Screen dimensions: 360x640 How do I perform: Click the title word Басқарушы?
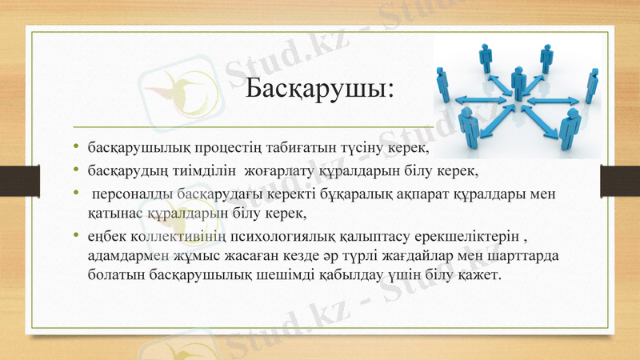click(319, 86)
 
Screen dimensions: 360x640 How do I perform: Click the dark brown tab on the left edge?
click(13, 179)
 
